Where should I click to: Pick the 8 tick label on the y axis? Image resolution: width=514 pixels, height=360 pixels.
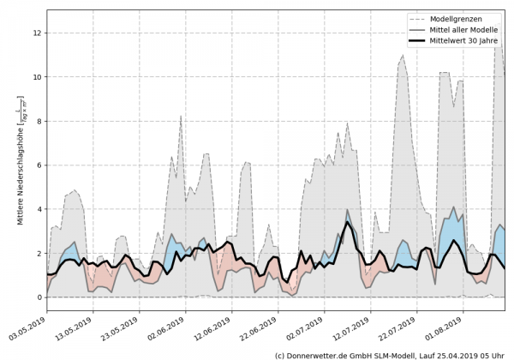pyautogui.click(x=38, y=121)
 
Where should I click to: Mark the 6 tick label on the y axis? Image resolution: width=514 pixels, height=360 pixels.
pyautogui.click(x=38, y=165)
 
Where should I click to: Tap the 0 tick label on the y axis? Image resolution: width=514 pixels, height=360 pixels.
pyautogui.click(x=38, y=297)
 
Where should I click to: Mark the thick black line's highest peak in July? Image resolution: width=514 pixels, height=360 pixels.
pyautogui.click(x=348, y=223)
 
